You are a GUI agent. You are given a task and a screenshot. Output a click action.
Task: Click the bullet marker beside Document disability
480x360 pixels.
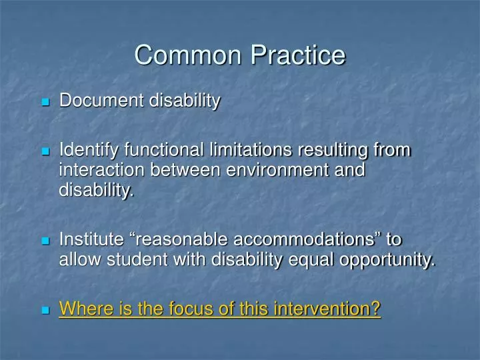45,103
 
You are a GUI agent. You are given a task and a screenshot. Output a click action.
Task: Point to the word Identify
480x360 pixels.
83,150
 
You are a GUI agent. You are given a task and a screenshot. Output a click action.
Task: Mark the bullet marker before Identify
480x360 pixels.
45,152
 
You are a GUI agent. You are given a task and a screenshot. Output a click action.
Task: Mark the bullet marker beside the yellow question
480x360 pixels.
45,311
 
